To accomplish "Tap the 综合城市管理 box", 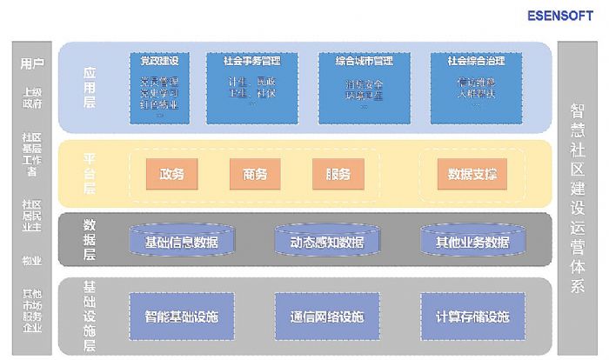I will pos(364,88).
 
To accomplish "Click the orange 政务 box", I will pos(171,174).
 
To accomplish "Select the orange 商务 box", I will pos(255,174).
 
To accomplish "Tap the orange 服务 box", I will pos(338,174).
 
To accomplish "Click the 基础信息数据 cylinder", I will pos(182,241).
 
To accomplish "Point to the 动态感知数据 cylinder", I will pos(327,241).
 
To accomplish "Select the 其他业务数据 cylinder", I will pos(472,241).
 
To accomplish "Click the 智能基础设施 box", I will pos(182,317).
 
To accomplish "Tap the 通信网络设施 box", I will pos(327,317).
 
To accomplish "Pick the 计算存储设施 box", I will pos(472,317).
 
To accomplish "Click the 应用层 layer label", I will pos(89,87).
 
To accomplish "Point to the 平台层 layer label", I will pos(89,173).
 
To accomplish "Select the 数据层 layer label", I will pos(89,239).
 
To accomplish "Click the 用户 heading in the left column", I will pos(32,64).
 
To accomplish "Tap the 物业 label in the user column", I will pos(32,260).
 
